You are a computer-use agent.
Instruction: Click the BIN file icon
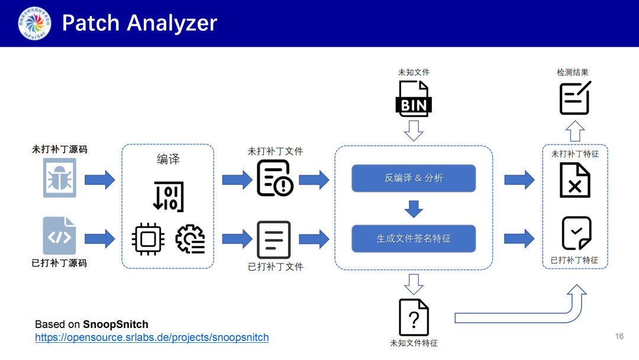[x=414, y=98]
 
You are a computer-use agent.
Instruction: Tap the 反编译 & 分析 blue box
[x=414, y=178]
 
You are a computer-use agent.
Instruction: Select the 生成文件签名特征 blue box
[x=414, y=238]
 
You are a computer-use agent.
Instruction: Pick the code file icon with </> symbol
[x=59, y=236]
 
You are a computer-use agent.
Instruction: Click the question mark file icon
[x=414, y=317]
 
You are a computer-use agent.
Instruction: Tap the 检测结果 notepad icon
[x=575, y=98]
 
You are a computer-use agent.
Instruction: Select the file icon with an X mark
[x=575, y=181]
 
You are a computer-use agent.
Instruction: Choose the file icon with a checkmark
[x=576, y=233]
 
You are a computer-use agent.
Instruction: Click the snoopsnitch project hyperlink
[x=151, y=337]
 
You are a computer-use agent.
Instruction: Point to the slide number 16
[x=619, y=336]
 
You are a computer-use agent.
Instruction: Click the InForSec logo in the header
[x=34, y=23]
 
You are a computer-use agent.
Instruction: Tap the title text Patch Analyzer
[x=140, y=23]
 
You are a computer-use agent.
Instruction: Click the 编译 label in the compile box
[x=168, y=159]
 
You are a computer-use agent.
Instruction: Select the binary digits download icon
[x=168, y=196]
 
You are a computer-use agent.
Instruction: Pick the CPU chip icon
[x=148, y=239]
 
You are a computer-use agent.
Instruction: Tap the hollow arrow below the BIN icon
[x=414, y=130]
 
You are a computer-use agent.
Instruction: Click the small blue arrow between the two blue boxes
[x=414, y=208]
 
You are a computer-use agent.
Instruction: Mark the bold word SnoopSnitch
[x=115, y=324]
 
